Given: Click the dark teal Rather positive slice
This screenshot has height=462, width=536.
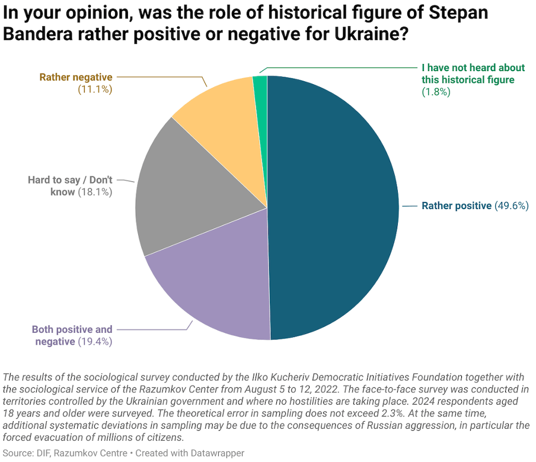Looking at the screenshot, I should pos(332,207).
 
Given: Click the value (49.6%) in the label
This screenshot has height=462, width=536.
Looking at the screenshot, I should pos(511,206).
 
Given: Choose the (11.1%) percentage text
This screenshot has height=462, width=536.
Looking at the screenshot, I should pos(95,89).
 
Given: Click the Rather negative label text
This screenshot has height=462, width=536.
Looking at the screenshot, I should pos(76,77).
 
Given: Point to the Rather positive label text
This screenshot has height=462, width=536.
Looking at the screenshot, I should pos(456,206).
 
